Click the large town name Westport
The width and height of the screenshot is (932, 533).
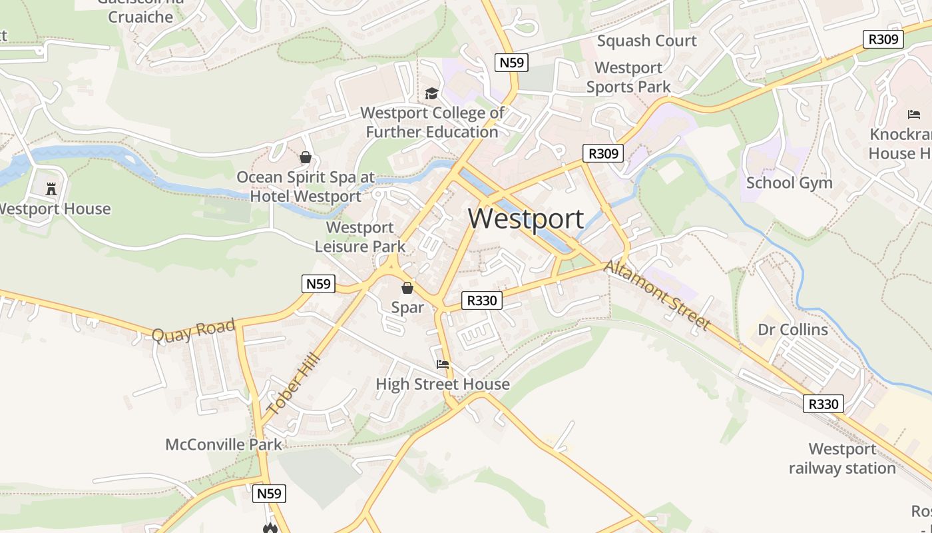point(526,219)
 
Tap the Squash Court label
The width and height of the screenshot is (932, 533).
point(646,41)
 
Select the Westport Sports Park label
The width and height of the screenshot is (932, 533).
point(628,77)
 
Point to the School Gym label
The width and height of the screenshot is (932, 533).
point(789,183)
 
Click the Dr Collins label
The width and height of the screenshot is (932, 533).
point(793,330)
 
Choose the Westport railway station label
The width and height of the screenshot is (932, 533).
point(842,458)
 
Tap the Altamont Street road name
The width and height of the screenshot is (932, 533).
point(658,294)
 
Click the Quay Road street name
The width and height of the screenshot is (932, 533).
point(193,330)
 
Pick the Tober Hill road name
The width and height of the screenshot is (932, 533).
point(294,384)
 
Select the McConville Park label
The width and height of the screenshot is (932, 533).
point(224,444)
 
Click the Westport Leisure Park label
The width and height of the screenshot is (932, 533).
point(359,237)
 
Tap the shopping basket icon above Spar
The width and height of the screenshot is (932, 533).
point(407,288)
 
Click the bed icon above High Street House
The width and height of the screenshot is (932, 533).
point(443,364)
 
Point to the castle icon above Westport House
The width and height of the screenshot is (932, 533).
point(51,189)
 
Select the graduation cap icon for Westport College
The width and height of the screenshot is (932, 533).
point(432,94)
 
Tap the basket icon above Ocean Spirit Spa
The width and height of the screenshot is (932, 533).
point(306,157)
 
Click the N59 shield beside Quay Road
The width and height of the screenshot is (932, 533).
point(318,284)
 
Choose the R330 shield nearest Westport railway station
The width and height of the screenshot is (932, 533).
point(823,404)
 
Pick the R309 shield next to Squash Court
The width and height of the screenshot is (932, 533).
point(883,39)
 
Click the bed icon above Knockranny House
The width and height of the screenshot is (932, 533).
point(914,115)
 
